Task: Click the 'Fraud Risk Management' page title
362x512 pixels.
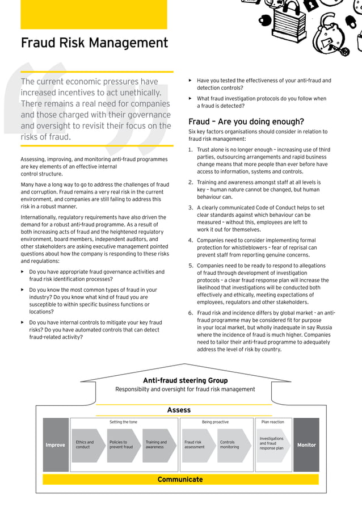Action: point(94,43)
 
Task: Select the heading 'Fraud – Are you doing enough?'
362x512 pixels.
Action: point(246,121)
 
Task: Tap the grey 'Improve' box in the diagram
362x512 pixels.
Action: point(56,445)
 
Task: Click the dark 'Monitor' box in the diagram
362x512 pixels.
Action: point(306,445)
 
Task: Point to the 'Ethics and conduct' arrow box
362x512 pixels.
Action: point(86,445)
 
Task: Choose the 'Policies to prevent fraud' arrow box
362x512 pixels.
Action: point(122,445)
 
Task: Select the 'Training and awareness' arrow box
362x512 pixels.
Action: point(157,445)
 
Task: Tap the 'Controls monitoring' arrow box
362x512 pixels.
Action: point(231,445)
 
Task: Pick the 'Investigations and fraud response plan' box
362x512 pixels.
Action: point(272,443)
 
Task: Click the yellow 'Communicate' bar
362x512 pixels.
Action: point(180,480)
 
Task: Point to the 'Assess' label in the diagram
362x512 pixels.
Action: point(179,410)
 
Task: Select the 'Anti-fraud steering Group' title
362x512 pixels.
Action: point(185,380)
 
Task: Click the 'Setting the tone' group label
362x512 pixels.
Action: point(123,422)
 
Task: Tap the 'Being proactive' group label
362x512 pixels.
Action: point(215,422)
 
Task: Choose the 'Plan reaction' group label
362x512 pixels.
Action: point(272,422)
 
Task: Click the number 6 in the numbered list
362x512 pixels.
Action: point(191,313)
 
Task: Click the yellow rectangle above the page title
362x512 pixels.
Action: point(94,15)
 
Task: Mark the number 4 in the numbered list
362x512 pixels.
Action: point(191,240)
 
